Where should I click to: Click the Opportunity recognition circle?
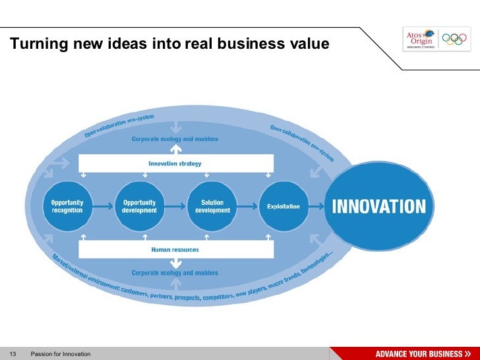[67, 206]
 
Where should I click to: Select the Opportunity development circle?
[139, 206]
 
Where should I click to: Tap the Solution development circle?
[212, 206]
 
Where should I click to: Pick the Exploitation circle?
[284, 206]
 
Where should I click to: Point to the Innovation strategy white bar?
[175, 163]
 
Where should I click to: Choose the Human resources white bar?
[175, 250]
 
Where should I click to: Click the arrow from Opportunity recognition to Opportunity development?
[103, 206]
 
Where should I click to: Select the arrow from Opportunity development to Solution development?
[175, 206]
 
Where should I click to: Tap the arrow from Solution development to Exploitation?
[248, 206]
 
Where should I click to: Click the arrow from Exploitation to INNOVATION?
[317, 206]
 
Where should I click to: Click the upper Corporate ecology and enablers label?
[175, 139]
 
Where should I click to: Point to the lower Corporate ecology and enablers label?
[175, 272]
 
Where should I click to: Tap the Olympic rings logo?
[454, 39]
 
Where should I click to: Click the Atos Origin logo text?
[420, 38]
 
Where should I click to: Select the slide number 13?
[12, 354]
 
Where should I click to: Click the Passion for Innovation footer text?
[61, 354]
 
